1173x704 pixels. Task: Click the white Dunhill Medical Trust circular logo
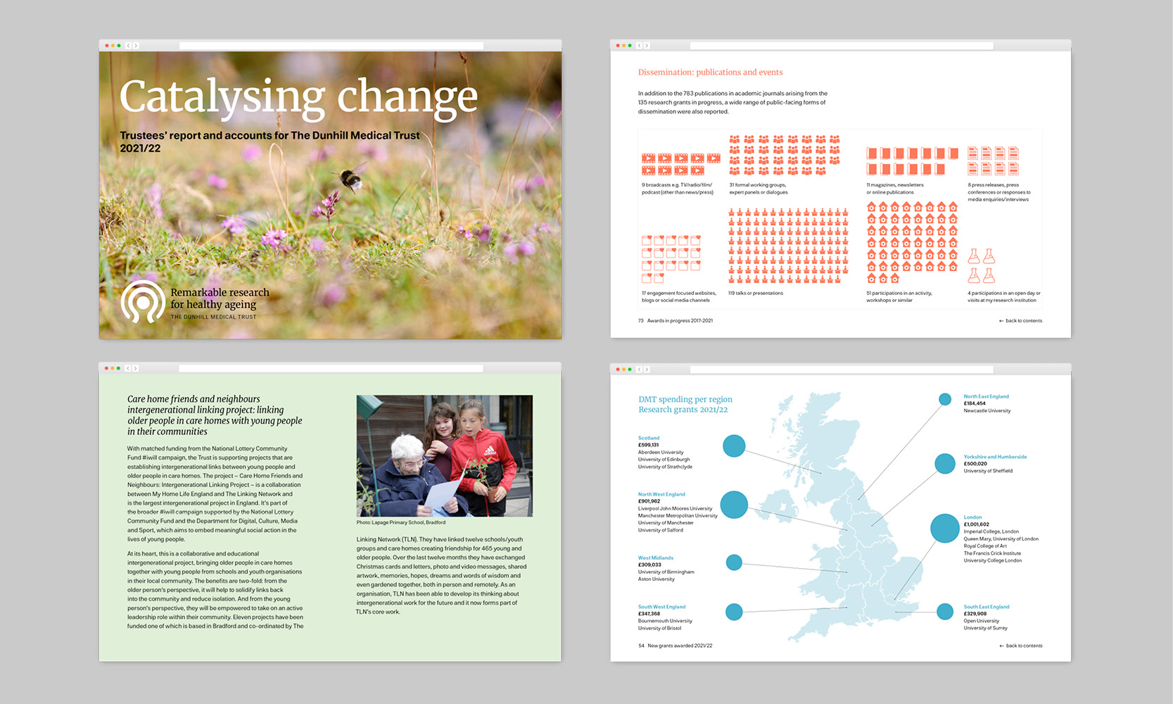(x=142, y=302)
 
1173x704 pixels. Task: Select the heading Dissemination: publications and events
(x=710, y=73)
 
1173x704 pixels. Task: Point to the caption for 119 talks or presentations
(x=756, y=293)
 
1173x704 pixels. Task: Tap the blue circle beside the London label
(x=944, y=528)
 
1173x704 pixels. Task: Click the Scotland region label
(x=649, y=438)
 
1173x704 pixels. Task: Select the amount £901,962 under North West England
(x=649, y=501)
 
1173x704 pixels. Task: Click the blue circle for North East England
(x=945, y=399)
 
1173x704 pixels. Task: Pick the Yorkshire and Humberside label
(x=995, y=457)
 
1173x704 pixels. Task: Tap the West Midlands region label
(x=656, y=558)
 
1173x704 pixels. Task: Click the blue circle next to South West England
(x=734, y=612)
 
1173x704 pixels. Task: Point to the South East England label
(x=986, y=607)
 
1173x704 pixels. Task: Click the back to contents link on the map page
(x=1024, y=646)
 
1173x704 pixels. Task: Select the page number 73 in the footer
(x=641, y=321)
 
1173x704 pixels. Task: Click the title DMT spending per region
(x=685, y=399)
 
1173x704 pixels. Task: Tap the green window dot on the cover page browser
(x=118, y=46)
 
